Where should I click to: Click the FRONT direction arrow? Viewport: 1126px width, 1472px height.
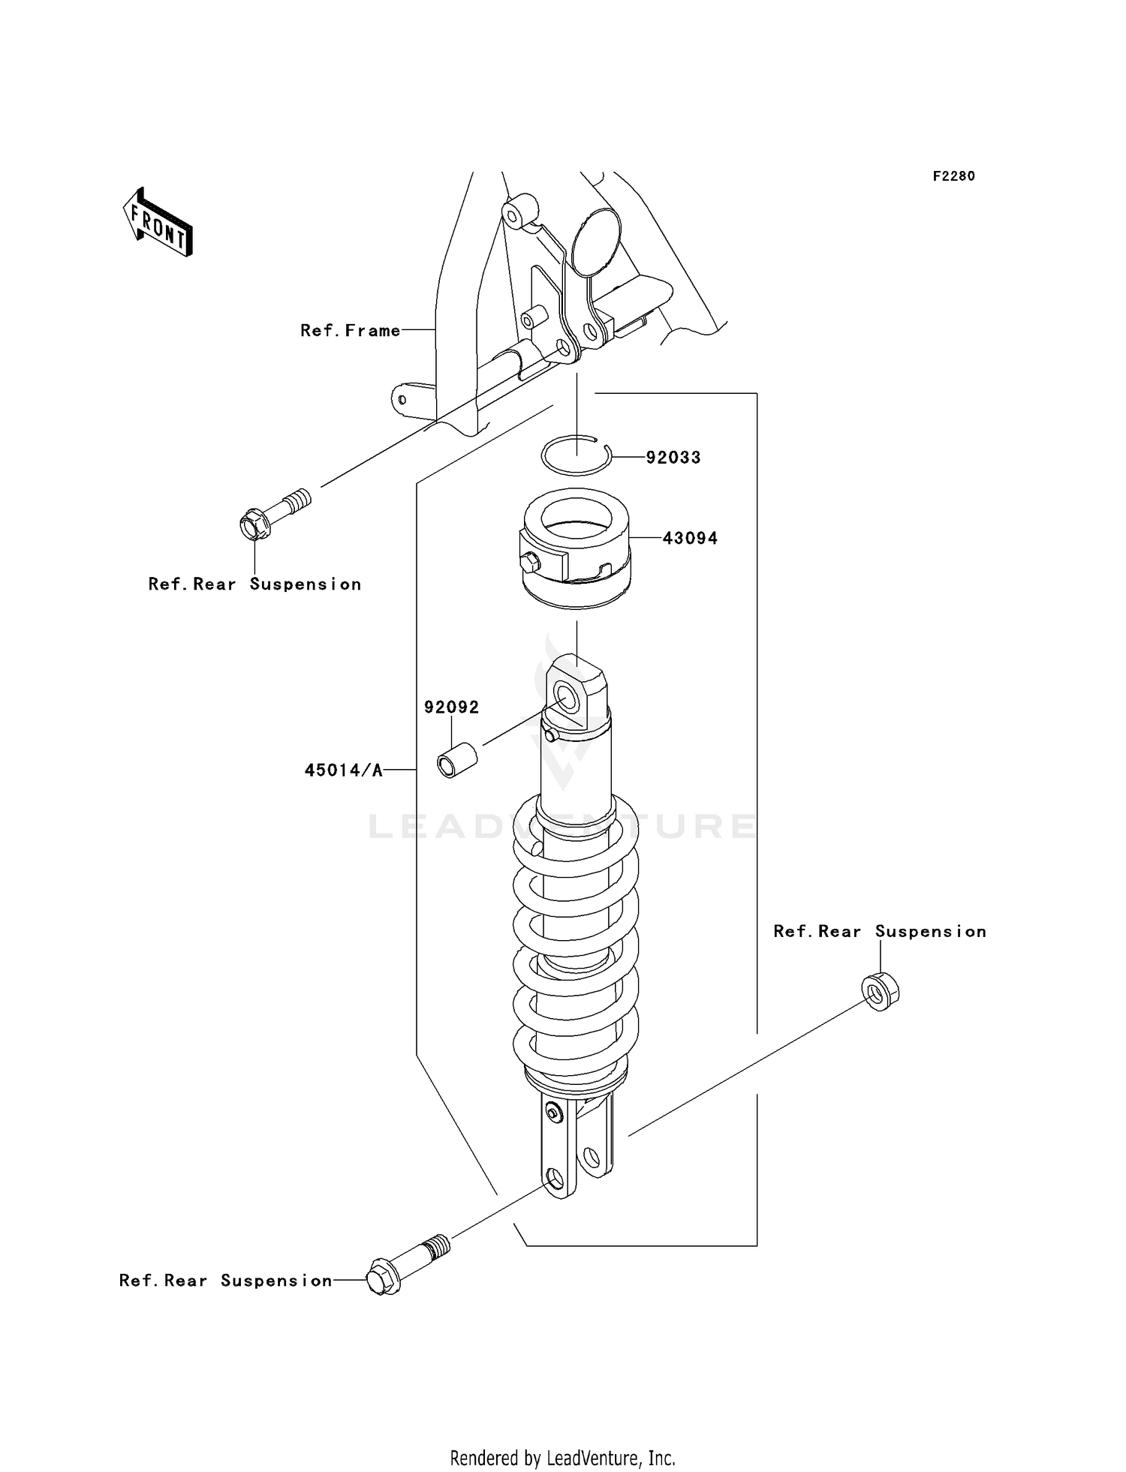pos(158,223)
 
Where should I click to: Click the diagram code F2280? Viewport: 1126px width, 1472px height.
pos(953,176)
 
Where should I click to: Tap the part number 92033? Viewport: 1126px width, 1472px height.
pos(673,458)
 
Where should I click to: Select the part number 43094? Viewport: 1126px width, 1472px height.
pos(690,538)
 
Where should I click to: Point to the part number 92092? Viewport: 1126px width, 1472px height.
pos(451,707)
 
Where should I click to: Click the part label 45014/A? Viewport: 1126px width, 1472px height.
pos(344,770)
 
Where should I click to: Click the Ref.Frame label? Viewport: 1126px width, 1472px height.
pos(351,330)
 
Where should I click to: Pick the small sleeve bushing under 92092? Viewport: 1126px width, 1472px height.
pos(457,760)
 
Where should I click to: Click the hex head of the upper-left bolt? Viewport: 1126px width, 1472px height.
pos(254,524)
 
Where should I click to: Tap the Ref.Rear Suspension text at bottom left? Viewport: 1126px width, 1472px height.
pos(225,1281)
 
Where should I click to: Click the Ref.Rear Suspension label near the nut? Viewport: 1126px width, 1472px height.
pos(879,931)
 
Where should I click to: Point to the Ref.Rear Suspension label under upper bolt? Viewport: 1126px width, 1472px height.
pos(254,584)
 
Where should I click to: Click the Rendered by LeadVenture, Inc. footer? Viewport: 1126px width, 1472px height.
pos(562,1458)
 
